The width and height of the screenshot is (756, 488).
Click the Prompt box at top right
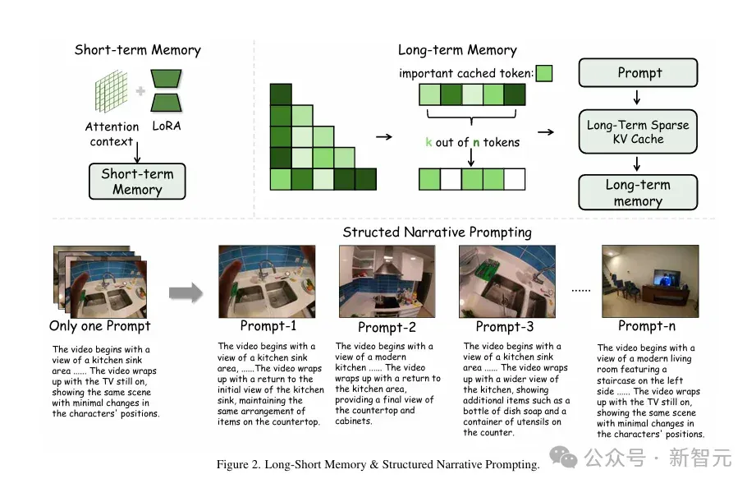point(638,73)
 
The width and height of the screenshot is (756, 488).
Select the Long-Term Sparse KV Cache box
point(638,131)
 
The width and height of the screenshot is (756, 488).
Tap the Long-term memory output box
point(638,192)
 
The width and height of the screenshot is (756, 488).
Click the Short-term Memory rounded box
point(137,181)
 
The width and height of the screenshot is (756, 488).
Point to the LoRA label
point(167,126)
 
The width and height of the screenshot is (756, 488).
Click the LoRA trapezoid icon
point(166,90)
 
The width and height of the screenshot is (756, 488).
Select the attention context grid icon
point(112,90)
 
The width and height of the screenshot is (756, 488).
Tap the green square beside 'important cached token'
point(544,73)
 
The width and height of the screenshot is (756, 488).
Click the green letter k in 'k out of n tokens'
point(428,142)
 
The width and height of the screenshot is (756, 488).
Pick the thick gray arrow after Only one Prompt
point(186,292)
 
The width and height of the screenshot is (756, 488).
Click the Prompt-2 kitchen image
point(387,282)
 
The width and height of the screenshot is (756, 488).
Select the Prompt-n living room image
point(650,282)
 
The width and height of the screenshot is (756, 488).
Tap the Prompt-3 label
point(505,327)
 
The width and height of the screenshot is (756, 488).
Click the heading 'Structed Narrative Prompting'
point(437,232)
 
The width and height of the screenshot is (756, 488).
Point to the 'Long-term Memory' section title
point(457,50)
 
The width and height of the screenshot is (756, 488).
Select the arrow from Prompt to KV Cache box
point(637,98)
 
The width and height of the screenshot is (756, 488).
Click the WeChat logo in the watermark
point(563,457)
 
